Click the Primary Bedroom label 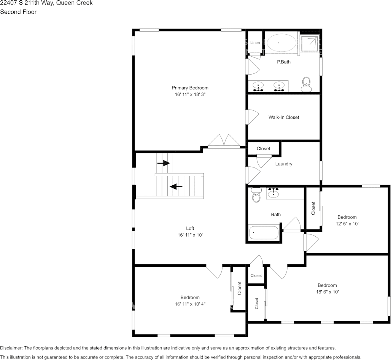pos(190,88)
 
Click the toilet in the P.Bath pos(306,84)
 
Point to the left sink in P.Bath pos(259,86)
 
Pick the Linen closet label pos(255,43)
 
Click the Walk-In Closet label pos(284,117)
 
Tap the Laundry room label pos(284,164)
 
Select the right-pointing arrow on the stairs pos(164,163)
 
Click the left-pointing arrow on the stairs pos(176,186)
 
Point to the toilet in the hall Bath pos(256,196)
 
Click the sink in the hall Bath pos(273,193)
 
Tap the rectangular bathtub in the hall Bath pos(264,233)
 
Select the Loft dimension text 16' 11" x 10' pos(190,235)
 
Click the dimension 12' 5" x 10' pos(347,224)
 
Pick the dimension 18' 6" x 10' pos(327,292)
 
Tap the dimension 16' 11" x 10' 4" pos(190,304)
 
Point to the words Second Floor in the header pos(18,12)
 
